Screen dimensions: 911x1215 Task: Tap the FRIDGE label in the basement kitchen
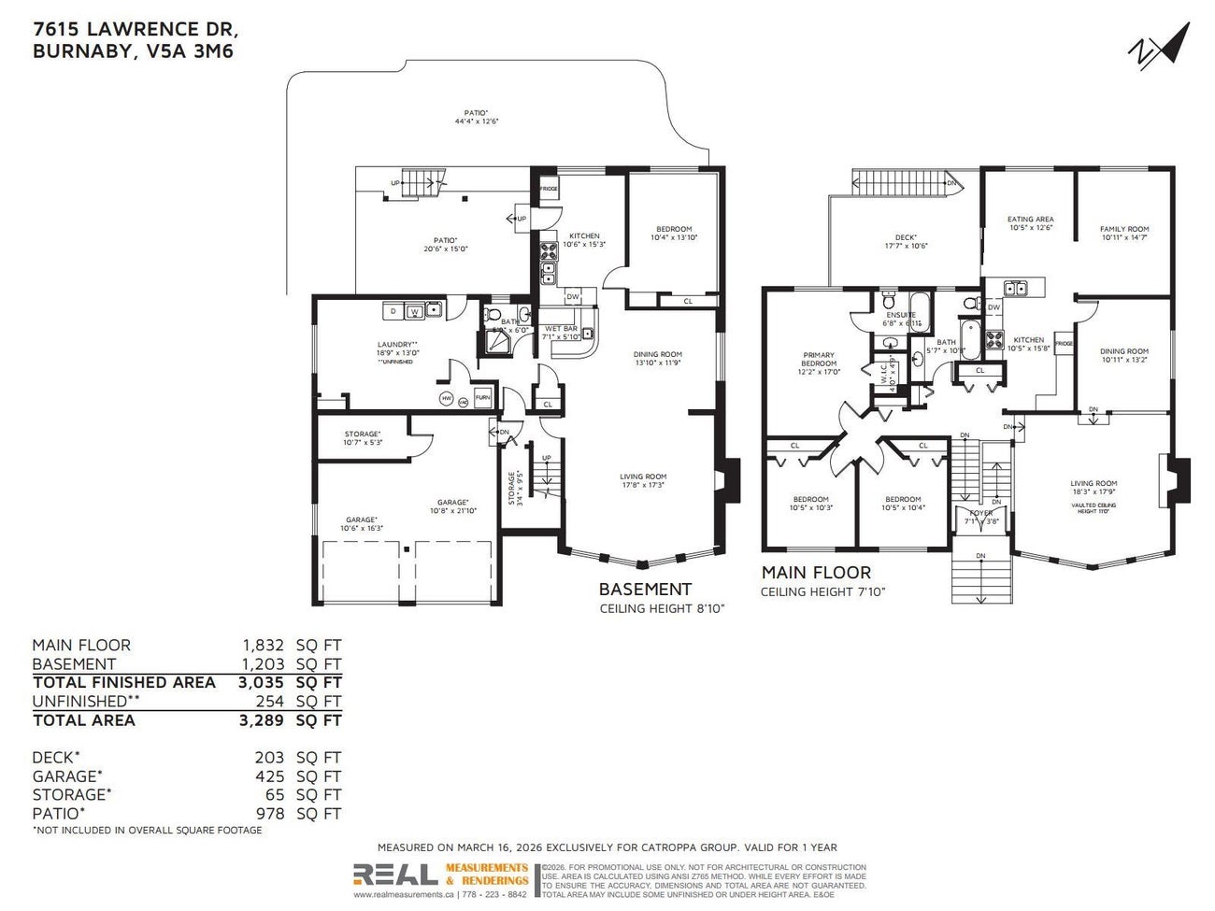(x=549, y=190)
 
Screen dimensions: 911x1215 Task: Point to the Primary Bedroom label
(x=819, y=363)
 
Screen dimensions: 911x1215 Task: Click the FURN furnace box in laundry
(x=482, y=397)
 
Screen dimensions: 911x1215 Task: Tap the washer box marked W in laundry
(x=413, y=311)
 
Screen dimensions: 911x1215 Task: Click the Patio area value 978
(x=269, y=814)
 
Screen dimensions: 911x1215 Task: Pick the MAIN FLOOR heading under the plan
(x=815, y=573)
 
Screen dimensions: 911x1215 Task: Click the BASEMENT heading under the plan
(x=645, y=590)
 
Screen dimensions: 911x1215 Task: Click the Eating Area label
(x=1030, y=223)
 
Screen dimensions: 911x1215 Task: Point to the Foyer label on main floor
(x=980, y=517)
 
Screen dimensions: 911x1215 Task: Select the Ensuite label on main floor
(x=901, y=319)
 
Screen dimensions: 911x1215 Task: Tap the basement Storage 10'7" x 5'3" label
(x=362, y=437)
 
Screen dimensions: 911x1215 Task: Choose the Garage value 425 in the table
(x=269, y=776)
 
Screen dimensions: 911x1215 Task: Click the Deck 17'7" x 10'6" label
(x=905, y=241)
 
